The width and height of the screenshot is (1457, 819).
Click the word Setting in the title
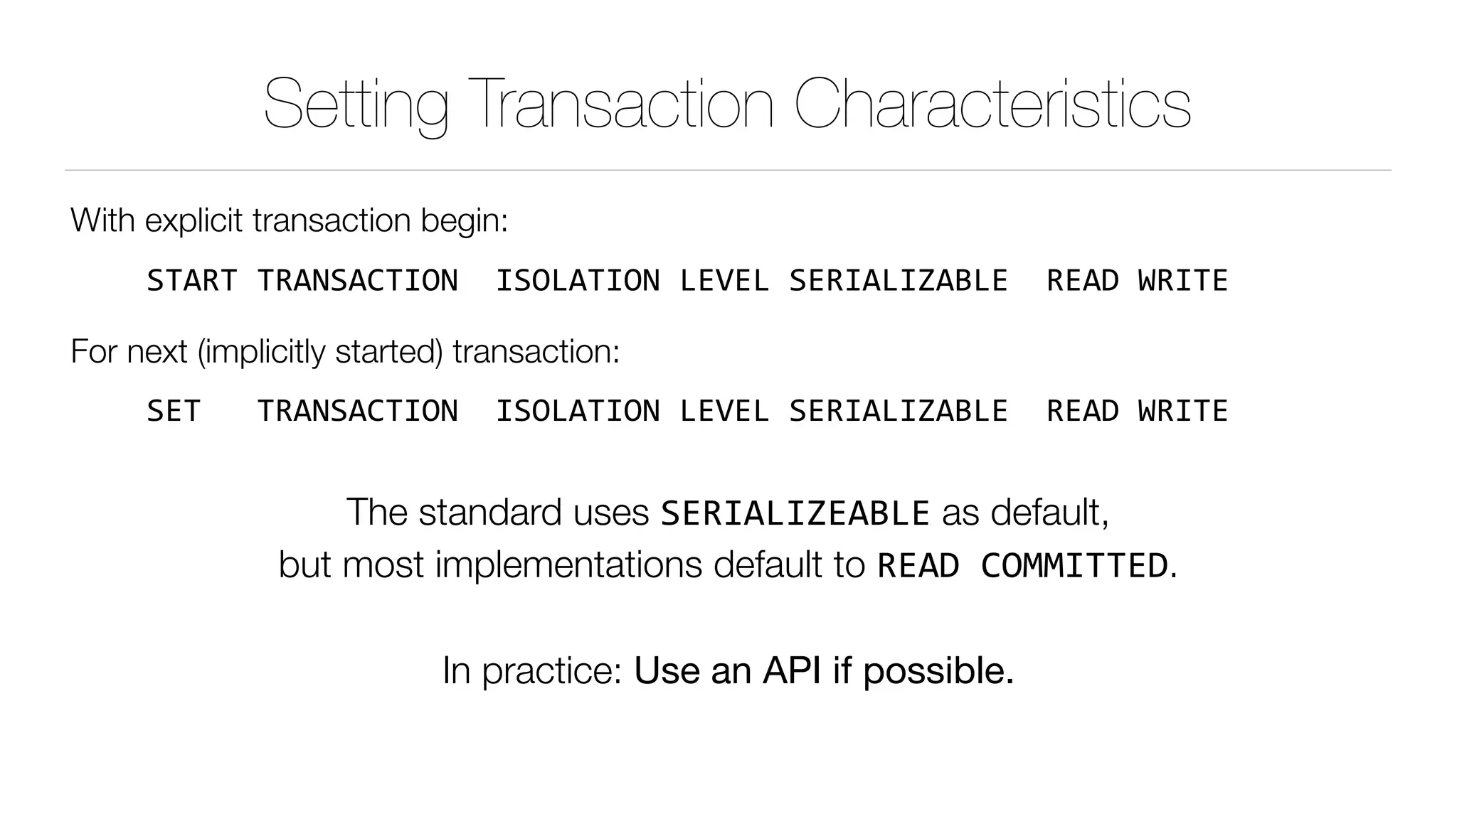[356, 105]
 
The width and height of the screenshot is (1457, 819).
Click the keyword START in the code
[191, 281]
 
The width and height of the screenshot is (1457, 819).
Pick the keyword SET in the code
[174, 411]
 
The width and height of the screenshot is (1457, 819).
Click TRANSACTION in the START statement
[357, 281]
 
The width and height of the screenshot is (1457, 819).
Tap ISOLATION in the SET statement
[578, 411]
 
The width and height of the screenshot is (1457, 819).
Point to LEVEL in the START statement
[724, 281]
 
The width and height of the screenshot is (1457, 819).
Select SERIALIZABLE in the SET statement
[899, 411]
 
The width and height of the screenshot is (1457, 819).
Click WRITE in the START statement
[1182, 281]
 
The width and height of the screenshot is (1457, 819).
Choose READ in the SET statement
[1083, 411]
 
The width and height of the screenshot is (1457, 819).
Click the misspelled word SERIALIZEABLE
[795, 513]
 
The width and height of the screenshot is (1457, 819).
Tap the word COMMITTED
[1074, 566]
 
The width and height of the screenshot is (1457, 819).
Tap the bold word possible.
[938, 671]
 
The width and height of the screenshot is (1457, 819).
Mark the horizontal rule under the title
[728, 171]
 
